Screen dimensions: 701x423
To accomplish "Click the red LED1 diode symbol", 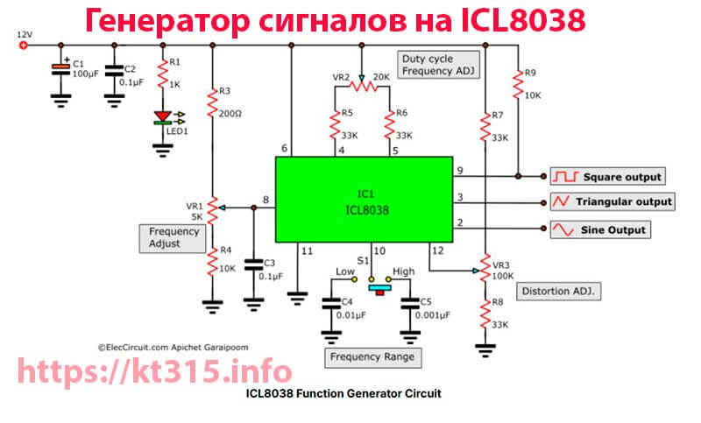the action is click(x=163, y=117).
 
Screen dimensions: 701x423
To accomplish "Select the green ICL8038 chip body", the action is click(x=365, y=199).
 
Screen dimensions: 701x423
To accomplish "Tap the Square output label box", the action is click(x=607, y=176).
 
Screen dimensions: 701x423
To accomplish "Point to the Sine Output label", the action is click(x=600, y=229).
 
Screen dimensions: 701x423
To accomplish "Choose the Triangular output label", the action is click(x=612, y=202).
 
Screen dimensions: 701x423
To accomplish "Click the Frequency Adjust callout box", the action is click(x=173, y=238).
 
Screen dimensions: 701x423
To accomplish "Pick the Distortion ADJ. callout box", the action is click(x=558, y=292).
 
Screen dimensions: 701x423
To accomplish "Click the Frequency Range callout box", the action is click(x=373, y=357).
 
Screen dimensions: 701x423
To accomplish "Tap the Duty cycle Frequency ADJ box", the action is click(x=439, y=65).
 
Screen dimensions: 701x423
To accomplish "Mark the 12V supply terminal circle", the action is click(x=24, y=46).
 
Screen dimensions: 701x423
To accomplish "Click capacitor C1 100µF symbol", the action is click(x=60, y=69).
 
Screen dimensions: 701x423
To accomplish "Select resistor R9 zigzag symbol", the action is click(x=518, y=84).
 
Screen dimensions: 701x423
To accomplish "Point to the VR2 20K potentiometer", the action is click(x=363, y=85).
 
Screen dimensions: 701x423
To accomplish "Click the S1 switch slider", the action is click(x=379, y=289).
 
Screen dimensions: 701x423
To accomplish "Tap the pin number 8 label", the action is click(x=266, y=200).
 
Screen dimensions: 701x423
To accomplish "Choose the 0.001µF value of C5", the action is click(x=433, y=315).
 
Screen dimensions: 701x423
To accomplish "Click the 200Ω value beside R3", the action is click(x=230, y=114).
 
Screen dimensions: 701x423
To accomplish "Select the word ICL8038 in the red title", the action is click(x=523, y=21).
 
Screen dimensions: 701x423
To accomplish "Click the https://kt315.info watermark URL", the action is click(x=155, y=371).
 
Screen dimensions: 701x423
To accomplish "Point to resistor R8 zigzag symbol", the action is click(x=485, y=314).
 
